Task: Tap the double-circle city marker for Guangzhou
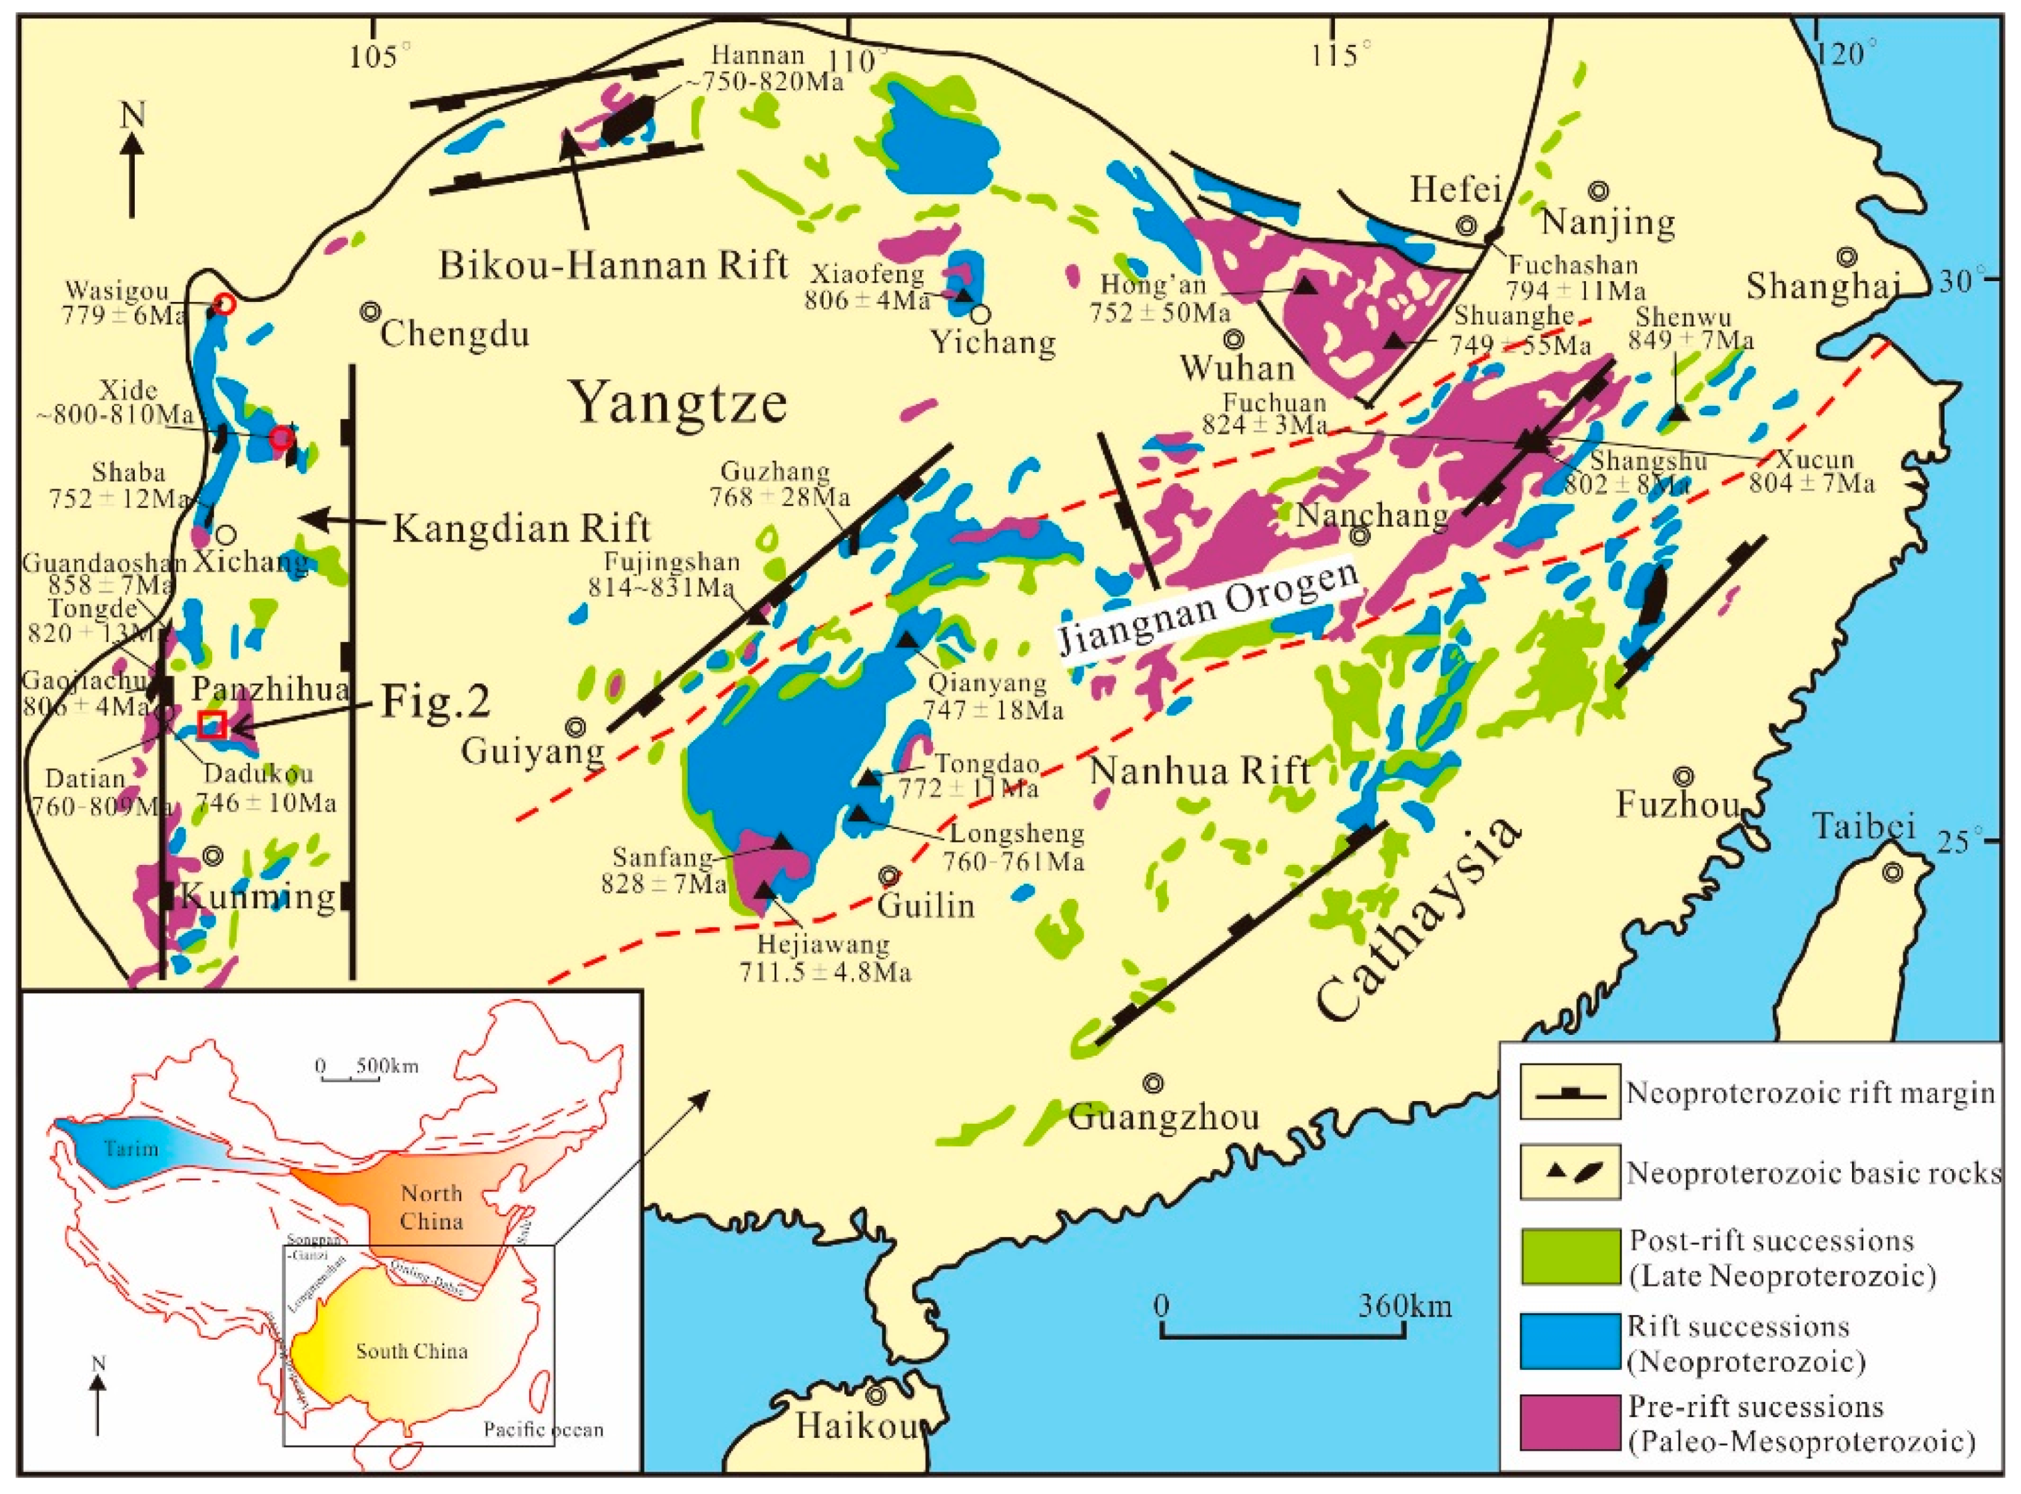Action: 1154,1082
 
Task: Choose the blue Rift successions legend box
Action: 1570,1343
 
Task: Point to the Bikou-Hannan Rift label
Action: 614,265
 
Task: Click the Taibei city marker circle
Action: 1892,873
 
